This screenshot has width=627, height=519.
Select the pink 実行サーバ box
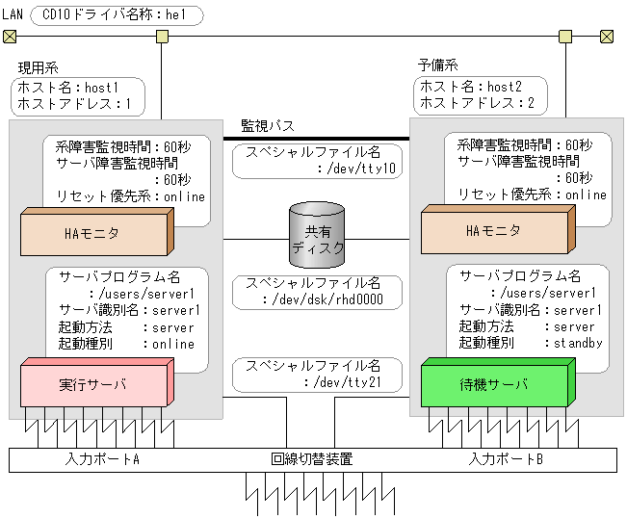93,385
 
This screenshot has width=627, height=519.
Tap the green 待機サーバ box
494,385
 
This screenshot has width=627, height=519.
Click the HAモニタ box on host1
93,232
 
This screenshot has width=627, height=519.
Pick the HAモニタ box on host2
494,232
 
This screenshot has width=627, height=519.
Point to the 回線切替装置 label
312,459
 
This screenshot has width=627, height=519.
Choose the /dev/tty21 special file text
348,383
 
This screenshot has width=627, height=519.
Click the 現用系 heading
39,68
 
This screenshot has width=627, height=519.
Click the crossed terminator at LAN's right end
606,37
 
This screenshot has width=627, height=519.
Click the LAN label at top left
13,15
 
